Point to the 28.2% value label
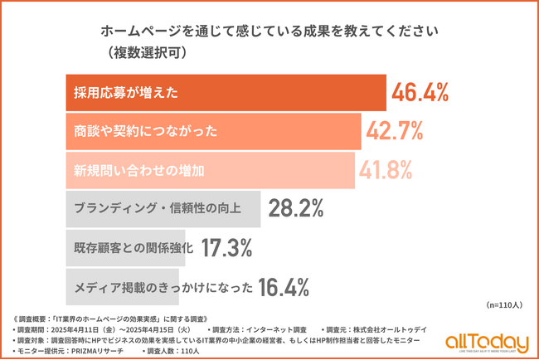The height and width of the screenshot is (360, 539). (x=295, y=209)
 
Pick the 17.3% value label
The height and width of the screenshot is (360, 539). (x=230, y=247)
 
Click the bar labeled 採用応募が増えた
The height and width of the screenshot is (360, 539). (x=225, y=92)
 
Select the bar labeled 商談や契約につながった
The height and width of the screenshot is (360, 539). (x=212, y=130)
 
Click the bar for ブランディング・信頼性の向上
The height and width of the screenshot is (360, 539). (x=163, y=209)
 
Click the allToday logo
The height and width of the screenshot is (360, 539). (x=486, y=342)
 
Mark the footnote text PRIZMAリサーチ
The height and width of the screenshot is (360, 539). (x=99, y=351)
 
